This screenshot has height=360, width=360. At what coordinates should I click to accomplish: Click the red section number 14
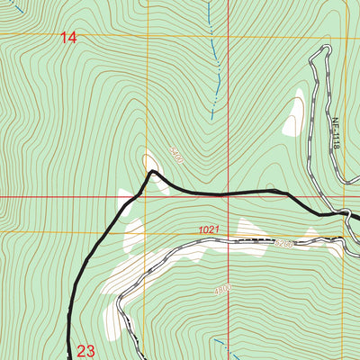pos(69,37)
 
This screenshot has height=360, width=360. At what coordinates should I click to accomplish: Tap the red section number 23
pos(85,350)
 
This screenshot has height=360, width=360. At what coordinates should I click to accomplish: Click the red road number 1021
pos(210,231)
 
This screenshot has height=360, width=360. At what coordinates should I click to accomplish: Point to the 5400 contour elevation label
pos(175,157)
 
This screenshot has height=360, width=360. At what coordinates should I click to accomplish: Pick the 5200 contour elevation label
pos(284,243)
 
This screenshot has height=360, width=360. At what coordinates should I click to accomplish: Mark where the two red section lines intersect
pos(229,196)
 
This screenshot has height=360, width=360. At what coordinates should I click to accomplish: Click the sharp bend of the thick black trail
pos(152,171)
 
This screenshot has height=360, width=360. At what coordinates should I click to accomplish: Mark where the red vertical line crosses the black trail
pos(229,192)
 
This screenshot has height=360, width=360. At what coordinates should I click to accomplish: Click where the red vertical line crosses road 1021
pos(229,241)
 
